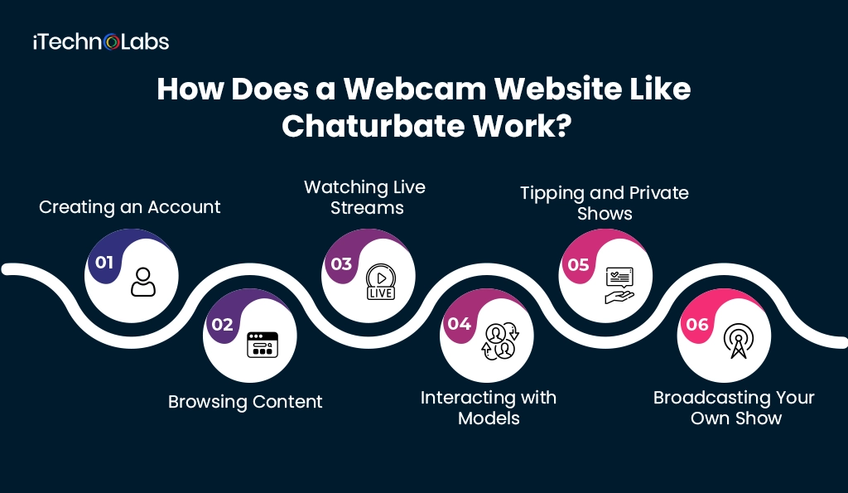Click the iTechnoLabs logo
tap(101, 41)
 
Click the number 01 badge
tap(104, 263)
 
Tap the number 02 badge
tap(222, 325)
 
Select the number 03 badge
tap(341, 264)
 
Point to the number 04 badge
tap(460, 324)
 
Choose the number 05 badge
tap(578, 264)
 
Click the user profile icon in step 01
tap(143, 282)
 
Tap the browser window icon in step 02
tap(263, 343)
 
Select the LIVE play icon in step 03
tap(381, 282)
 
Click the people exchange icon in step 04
tap(499, 341)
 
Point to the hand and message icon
tap(619, 283)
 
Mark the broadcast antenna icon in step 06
tap(737, 341)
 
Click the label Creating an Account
tap(130, 207)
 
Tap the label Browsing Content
tap(245, 402)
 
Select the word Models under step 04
tap(489, 418)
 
